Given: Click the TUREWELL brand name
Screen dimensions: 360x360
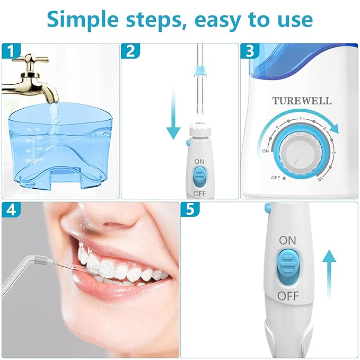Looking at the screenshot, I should pos(302,100).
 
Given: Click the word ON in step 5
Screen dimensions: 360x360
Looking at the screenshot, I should pos(288,240).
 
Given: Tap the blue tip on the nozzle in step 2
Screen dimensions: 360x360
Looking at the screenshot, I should pos(200,71).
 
